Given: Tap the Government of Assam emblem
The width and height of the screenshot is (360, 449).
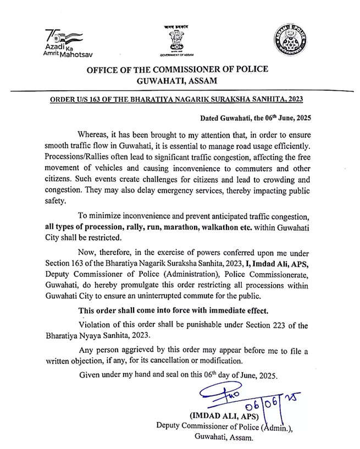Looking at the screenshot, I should coord(180,41).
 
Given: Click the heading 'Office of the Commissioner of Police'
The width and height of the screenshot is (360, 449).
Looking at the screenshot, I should coord(178,69).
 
